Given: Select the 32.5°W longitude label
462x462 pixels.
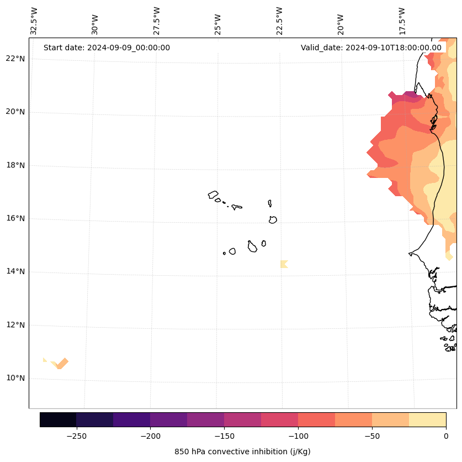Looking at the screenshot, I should point(34,21).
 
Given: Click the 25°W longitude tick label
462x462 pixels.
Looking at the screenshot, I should point(218,24).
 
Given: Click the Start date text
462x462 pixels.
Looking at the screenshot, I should point(107,48).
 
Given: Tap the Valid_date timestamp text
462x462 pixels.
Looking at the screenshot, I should point(371,48).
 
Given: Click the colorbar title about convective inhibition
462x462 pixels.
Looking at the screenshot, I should point(242,452).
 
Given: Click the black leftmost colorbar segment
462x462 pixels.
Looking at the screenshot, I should point(58,419).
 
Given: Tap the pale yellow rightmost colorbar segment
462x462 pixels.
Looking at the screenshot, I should point(427,419).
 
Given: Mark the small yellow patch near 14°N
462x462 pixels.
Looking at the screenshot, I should point(284,264).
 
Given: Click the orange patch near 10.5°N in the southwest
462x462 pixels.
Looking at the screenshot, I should point(61,363).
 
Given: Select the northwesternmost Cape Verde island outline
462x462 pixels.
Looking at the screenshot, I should point(213,195).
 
